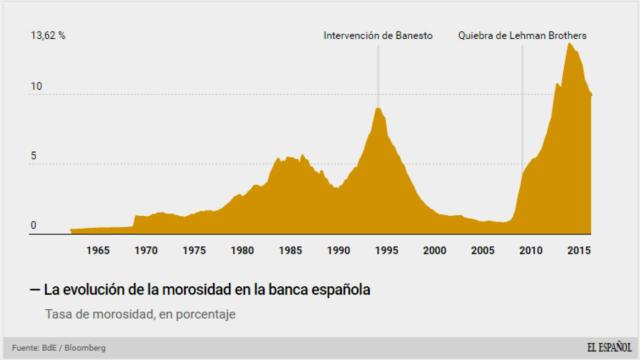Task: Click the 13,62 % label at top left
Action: click(x=48, y=35)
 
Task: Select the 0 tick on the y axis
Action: click(x=33, y=226)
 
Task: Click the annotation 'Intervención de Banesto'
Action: click(x=377, y=36)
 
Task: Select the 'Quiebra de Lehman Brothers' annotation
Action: click(x=522, y=36)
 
